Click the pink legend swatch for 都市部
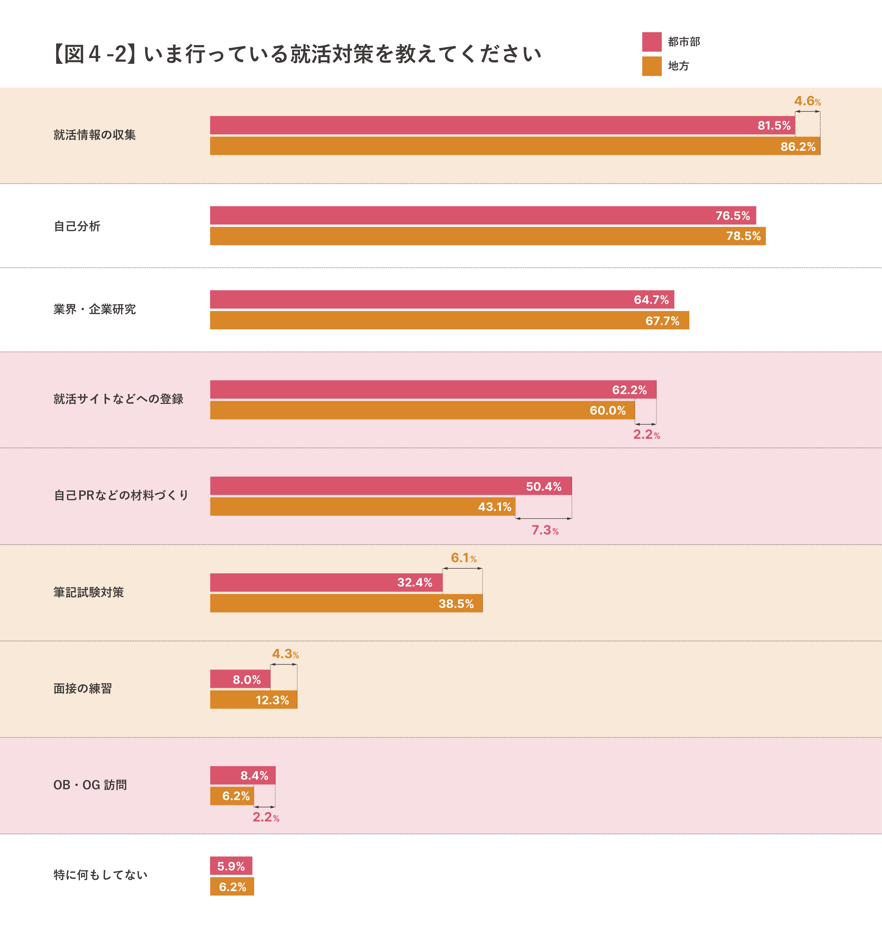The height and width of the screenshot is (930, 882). click(652, 42)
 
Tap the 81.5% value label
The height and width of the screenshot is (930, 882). click(774, 126)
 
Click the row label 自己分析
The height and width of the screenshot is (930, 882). click(77, 226)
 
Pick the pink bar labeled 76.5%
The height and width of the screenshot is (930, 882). click(483, 215)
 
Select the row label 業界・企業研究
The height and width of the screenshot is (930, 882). click(95, 309)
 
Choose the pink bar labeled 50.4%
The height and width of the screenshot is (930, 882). click(391, 486)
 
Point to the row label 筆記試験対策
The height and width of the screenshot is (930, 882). click(88, 592)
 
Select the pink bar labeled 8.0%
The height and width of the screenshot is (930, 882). click(240, 679)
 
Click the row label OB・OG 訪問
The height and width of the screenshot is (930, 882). click(90, 785)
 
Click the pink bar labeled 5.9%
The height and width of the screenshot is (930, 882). click(231, 866)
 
